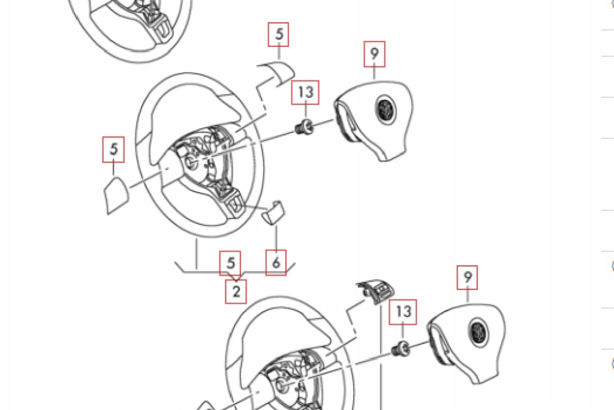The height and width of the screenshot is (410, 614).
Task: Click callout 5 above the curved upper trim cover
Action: pyautogui.click(x=279, y=35)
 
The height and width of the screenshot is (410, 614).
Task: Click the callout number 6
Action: pyautogui.click(x=276, y=262)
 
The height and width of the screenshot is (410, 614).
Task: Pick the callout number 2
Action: pyautogui.click(x=236, y=292)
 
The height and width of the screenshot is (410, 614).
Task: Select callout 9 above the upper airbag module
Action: pyautogui.click(x=374, y=54)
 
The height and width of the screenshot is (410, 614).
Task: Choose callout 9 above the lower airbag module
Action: pyautogui.click(x=468, y=277)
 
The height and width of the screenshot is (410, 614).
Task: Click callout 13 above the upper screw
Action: pyautogui.click(x=306, y=92)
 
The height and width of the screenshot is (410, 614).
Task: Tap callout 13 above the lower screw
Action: pyautogui.click(x=404, y=312)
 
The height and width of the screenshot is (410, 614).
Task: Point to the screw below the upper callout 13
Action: pyautogui.click(x=306, y=127)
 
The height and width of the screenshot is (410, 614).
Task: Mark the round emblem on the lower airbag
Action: pyautogui.click(x=478, y=331)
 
